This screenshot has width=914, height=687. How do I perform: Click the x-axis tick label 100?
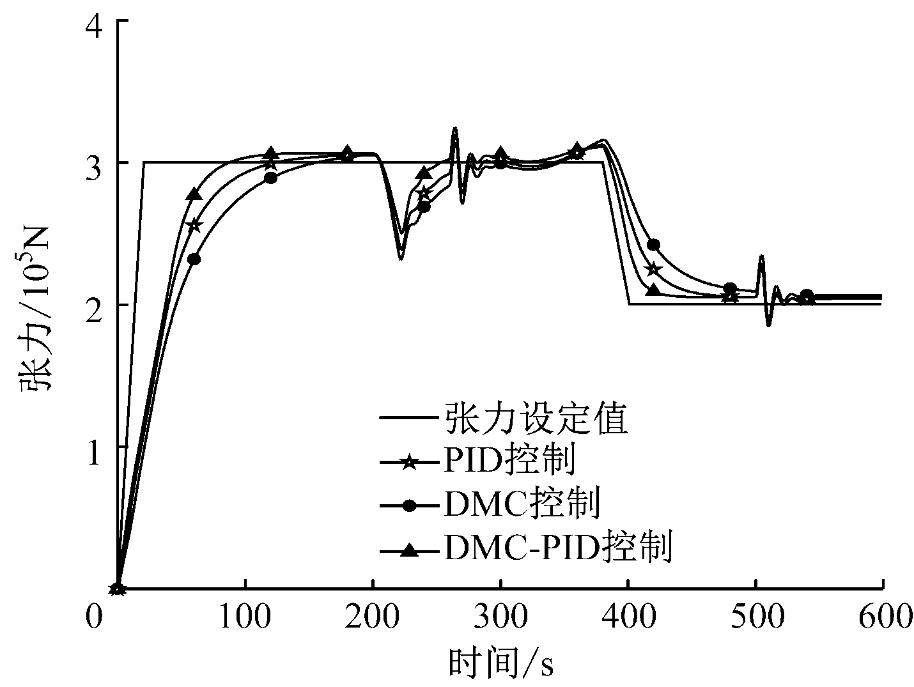click(244, 616)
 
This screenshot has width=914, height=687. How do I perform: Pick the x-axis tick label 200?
click(372, 616)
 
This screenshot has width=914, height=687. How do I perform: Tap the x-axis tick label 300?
click(500, 616)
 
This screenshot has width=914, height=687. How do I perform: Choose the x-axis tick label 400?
click(628, 616)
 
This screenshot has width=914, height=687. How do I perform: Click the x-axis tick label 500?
click(755, 616)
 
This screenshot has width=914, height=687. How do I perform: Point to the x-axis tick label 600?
click(883, 616)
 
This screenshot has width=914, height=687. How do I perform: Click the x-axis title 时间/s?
click(500, 663)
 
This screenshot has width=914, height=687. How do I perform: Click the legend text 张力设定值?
click(534, 419)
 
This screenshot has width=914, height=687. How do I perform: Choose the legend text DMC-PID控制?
click(556, 547)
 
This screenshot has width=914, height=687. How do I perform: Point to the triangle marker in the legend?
click(410, 549)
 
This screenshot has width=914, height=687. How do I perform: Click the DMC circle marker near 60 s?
click(194, 259)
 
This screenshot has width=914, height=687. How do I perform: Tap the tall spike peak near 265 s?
click(455, 128)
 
